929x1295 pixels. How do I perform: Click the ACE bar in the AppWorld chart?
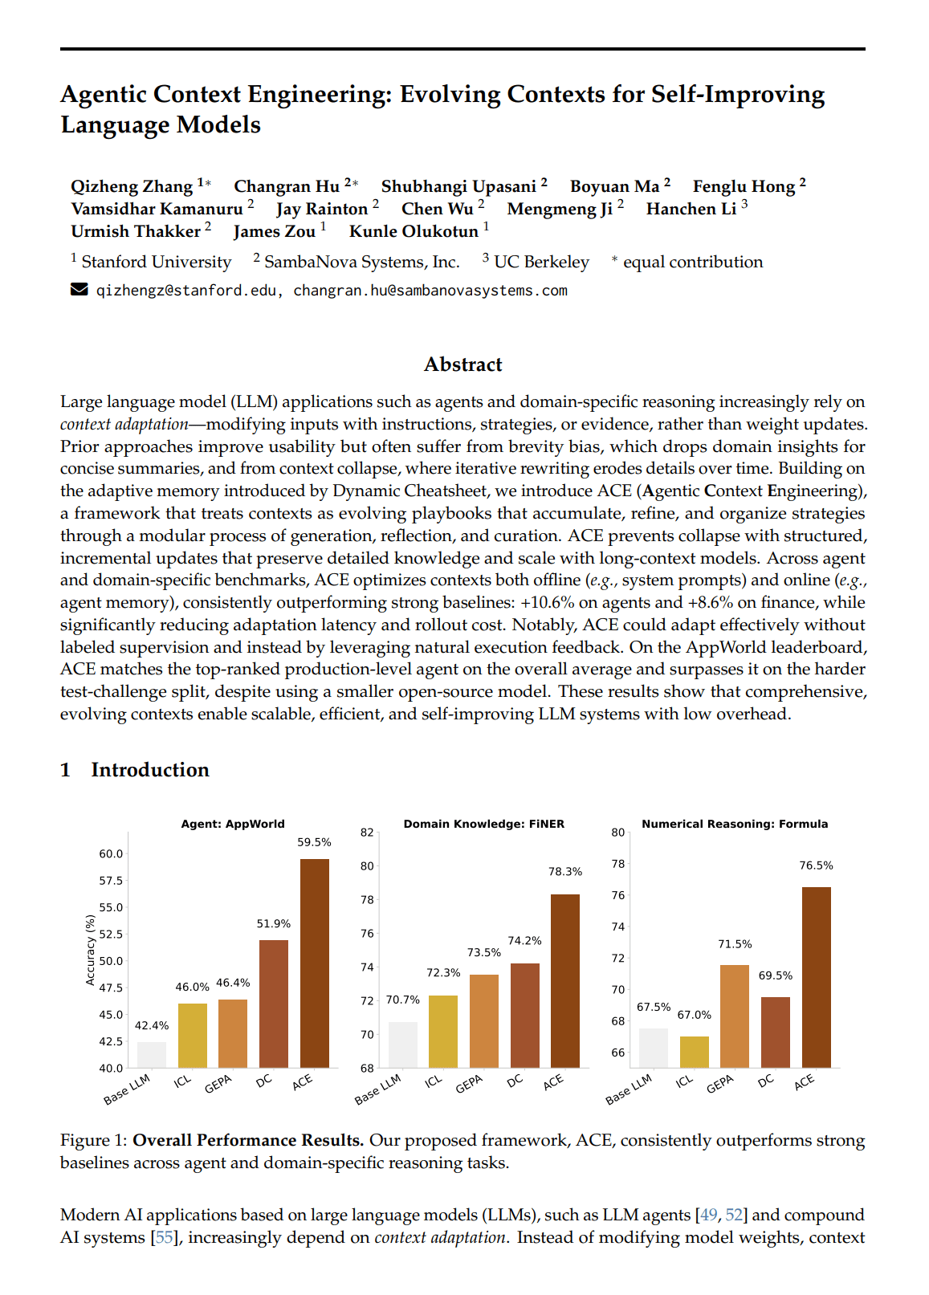click(x=314, y=963)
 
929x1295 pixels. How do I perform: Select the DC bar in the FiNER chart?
click(x=524, y=1015)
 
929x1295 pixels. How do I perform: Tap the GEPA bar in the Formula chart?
click(x=734, y=1016)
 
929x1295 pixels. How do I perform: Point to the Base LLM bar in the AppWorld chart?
click(x=152, y=1054)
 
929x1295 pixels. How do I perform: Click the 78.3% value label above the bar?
click(x=565, y=871)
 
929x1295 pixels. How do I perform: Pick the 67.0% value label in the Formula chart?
click(x=694, y=1015)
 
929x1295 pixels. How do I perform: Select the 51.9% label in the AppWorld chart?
click(x=273, y=924)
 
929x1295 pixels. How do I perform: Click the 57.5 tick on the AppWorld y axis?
click(x=111, y=881)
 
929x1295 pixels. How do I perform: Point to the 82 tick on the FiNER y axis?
click(x=367, y=833)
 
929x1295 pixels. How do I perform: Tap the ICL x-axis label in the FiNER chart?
click(x=434, y=1081)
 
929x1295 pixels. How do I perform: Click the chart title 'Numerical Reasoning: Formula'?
click(x=735, y=824)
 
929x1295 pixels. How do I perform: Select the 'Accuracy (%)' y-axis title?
click(x=90, y=950)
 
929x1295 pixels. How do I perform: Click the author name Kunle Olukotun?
click(x=414, y=231)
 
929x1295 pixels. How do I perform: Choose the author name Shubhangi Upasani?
click(x=458, y=186)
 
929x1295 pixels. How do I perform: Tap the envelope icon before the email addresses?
click(x=79, y=290)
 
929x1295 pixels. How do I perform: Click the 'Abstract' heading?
click(x=463, y=364)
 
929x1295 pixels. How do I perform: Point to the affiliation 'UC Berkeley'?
click(x=541, y=262)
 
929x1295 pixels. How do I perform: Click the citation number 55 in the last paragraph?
click(x=164, y=1237)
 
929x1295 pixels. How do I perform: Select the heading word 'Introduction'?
click(x=150, y=770)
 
